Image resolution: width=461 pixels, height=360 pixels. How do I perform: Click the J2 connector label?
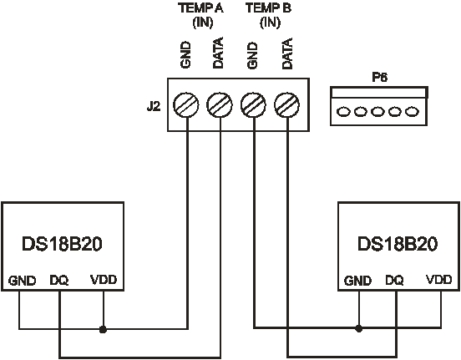tap(154, 106)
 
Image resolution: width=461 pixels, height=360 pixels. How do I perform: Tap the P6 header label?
tap(379, 77)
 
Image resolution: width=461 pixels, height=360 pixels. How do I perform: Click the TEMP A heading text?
tap(200, 8)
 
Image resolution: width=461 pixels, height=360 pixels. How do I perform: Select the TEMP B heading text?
tap(268, 8)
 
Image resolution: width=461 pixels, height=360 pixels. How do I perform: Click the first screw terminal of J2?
tap(185, 104)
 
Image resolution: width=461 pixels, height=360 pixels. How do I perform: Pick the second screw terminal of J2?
tap(220, 104)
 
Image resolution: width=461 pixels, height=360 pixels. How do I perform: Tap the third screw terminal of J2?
tap(253, 104)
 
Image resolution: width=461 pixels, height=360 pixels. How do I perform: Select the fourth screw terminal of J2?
tap(287, 104)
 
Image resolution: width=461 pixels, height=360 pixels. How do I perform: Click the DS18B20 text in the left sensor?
tap(62, 244)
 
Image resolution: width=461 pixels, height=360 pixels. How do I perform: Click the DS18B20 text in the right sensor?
tap(398, 244)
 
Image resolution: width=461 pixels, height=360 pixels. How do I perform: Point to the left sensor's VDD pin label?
tap(104, 280)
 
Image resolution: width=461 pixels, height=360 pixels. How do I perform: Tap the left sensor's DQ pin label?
tap(59, 281)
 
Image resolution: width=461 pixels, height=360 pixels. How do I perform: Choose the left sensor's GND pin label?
tap(22, 281)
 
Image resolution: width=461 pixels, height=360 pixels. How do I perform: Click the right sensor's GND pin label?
tap(357, 281)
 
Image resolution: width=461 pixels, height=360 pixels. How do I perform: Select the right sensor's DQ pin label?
tap(394, 281)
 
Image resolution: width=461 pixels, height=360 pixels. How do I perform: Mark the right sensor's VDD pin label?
tap(439, 280)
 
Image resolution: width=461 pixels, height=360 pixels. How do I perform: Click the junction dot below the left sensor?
tap(103, 329)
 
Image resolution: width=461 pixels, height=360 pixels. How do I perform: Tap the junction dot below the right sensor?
tap(358, 328)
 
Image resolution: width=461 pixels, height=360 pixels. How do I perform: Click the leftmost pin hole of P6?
tap(343, 112)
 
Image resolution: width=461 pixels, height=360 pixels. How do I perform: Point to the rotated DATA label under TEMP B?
tap(287, 53)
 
